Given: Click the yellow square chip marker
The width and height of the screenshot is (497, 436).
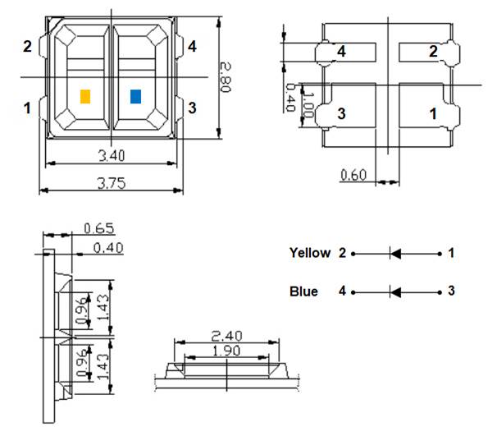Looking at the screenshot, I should [84, 96].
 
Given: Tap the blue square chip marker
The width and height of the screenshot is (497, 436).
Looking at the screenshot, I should [136, 96].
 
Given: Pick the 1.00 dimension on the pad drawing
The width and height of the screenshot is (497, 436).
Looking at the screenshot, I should [308, 105].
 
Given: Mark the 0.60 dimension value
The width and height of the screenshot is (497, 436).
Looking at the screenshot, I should [354, 174].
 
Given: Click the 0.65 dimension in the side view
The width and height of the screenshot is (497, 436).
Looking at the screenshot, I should [98, 228].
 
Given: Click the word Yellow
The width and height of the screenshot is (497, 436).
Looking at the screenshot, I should [310, 253].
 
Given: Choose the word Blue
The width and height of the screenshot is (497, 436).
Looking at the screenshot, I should [303, 291].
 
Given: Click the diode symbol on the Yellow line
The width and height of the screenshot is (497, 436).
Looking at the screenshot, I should [395, 254].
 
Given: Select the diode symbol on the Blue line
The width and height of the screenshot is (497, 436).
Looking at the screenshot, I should [395, 291].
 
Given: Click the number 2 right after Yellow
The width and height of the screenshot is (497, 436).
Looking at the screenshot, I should [342, 253].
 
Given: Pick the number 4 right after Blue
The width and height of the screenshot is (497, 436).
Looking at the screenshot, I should [342, 291].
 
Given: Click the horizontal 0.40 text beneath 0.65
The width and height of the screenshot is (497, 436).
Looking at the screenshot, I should [108, 248].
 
